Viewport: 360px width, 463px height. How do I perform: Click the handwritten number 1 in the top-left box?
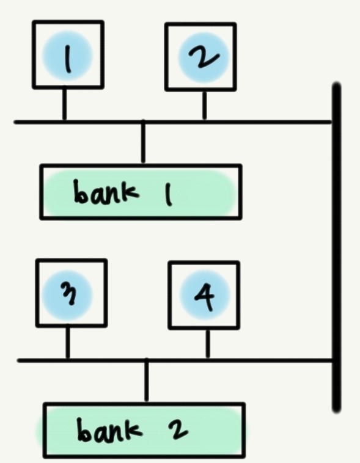pos(68,59)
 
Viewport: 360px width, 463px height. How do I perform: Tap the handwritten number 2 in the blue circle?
pos(204,57)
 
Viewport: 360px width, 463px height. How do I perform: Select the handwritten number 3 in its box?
pos(69,294)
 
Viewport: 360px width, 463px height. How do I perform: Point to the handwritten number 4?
pos(205,296)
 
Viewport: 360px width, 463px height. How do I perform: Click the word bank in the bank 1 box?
pos(106,192)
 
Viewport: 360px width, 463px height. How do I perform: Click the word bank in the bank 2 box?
pos(109,429)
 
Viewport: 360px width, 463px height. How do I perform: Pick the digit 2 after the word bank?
pos(178,429)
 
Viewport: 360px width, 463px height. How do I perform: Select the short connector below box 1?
pos(64,103)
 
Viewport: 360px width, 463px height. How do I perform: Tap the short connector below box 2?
pos(204,105)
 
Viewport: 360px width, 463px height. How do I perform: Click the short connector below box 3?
pos(68,342)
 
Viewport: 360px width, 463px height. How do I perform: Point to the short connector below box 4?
pos(208,343)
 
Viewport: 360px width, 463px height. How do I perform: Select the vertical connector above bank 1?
pos(143,142)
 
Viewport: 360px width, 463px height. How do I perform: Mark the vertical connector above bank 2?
pos(147,381)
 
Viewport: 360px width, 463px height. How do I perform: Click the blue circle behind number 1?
pos(67,56)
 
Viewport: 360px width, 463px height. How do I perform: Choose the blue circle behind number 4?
pos(205,294)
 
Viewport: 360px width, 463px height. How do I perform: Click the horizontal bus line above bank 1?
pos(173,122)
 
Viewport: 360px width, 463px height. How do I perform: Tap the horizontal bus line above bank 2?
pos(175,360)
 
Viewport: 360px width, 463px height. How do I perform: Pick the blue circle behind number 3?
pos(68,296)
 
